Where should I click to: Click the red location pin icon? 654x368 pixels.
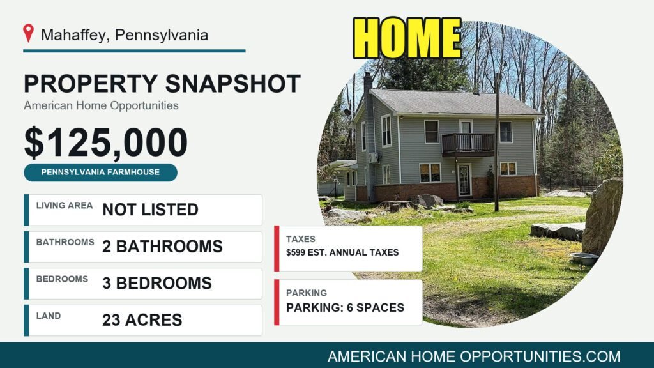click(x=28, y=33)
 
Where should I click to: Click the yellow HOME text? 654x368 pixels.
click(x=407, y=38)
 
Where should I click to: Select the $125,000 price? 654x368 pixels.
click(x=106, y=142)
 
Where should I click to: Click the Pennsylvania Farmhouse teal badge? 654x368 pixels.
click(x=100, y=172)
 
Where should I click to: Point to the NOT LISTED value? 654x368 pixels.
click(x=150, y=210)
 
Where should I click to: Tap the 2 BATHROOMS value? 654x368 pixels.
click(x=163, y=247)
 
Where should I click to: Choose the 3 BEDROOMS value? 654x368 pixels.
click(x=157, y=283)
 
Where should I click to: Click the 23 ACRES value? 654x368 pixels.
click(x=142, y=320)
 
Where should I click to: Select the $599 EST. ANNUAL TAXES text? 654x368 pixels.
click(x=342, y=252)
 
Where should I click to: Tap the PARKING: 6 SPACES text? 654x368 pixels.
click(x=345, y=307)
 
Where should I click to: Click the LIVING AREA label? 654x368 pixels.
click(x=65, y=205)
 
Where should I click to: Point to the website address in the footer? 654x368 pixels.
click(x=474, y=356)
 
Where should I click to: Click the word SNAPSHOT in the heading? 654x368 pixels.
click(x=233, y=84)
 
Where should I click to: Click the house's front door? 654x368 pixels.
click(x=464, y=180)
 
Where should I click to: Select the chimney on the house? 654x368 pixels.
click(x=369, y=134)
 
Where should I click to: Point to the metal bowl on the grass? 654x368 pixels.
click(x=584, y=259)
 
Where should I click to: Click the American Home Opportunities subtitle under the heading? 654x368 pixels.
click(x=101, y=105)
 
